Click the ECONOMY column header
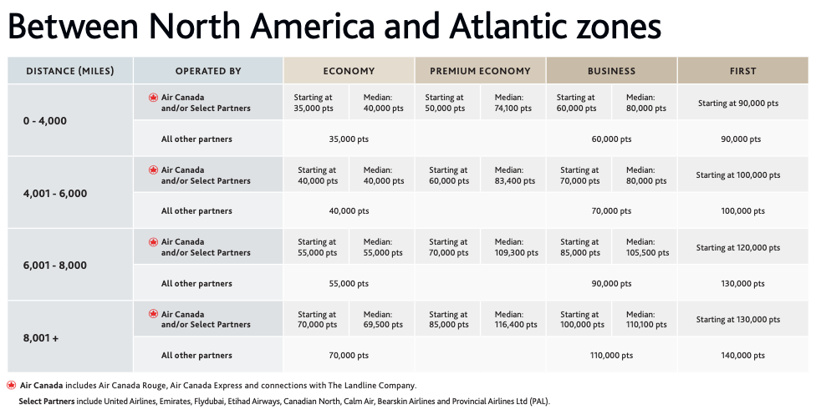click(x=349, y=71)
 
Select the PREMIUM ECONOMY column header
click(x=480, y=71)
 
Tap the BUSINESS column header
click(x=611, y=71)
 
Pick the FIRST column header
click(x=742, y=71)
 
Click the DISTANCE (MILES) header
click(x=70, y=71)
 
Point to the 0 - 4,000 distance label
click(x=45, y=121)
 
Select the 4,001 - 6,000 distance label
click(x=55, y=194)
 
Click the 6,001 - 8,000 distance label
click(x=55, y=266)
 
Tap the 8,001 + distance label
click(x=42, y=338)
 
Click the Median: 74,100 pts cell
click(x=512, y=103)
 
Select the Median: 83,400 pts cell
click(x=512, y=175)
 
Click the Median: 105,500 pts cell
click(x=645, y=247)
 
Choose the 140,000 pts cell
click(x=742, y=356)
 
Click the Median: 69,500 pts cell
click(x=382, y=320)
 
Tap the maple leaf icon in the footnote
click(x=11, y=385)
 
